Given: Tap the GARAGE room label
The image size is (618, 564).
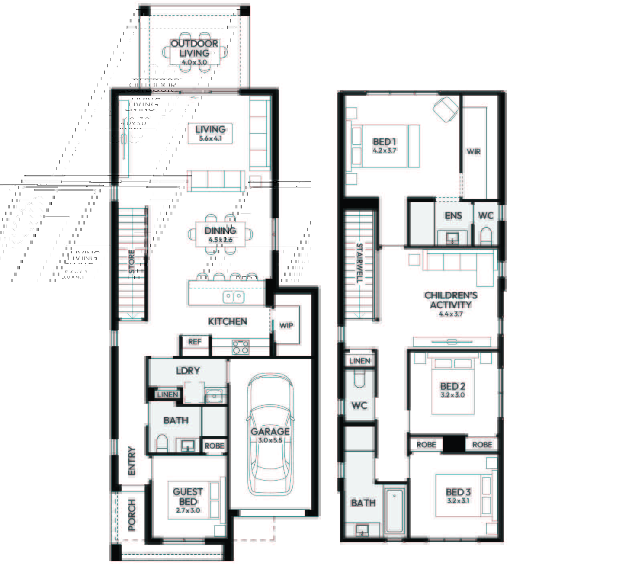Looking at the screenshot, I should tap(270, 431).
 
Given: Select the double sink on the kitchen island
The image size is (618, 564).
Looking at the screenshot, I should tap(233, 297).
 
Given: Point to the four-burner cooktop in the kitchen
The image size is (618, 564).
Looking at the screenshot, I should tap(241, 347).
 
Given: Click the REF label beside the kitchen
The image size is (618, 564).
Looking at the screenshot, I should tap(195, 342).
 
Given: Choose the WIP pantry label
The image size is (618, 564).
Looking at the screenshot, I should tap(286, 325).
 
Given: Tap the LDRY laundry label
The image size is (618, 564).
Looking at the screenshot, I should tap(188, 370).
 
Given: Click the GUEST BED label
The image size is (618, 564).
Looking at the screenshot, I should tap(188, 497).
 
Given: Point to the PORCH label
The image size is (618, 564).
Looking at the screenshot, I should tap(132, 515).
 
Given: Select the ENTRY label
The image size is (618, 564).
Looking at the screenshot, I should tap(132, 461).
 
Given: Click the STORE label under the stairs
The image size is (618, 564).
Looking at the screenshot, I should tap(132, 262).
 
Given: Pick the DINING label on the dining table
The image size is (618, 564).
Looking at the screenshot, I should tap(220, 231).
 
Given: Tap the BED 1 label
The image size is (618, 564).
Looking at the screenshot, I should tap(384, 142).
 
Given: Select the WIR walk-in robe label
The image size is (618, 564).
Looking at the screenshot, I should tap(474, 152).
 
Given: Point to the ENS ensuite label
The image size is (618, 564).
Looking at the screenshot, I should tap(453, 216).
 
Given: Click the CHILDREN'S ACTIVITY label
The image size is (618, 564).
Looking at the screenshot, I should tap(451, 300).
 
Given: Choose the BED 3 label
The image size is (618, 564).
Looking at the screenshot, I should tap(458, 492).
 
